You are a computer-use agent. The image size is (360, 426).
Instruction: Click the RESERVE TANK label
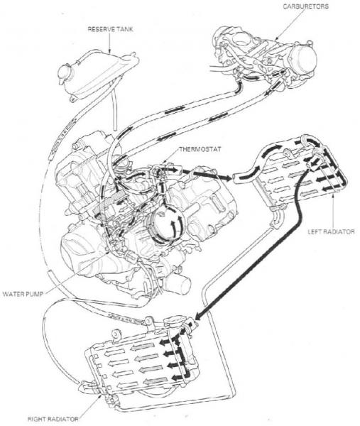click(111, 29)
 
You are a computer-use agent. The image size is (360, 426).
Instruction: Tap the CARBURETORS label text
click(305, 6)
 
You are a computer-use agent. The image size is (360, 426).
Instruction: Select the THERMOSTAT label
click(200, 149)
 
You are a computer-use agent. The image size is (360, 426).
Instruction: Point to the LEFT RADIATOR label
click(331, 231)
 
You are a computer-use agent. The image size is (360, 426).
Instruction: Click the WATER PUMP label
click(23, 294)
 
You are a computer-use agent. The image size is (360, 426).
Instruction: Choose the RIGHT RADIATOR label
click(53, 419)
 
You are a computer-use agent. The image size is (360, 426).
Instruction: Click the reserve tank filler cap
click(65, 74)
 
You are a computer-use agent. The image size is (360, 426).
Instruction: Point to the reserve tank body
click(99, 73)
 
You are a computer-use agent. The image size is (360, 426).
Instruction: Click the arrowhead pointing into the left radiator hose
click(228, 177)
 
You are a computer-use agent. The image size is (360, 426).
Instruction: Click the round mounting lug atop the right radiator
click(116, 334)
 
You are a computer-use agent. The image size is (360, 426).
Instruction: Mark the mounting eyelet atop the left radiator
click(288, 153)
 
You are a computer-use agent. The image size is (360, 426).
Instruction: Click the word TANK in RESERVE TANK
click(124, 29)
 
